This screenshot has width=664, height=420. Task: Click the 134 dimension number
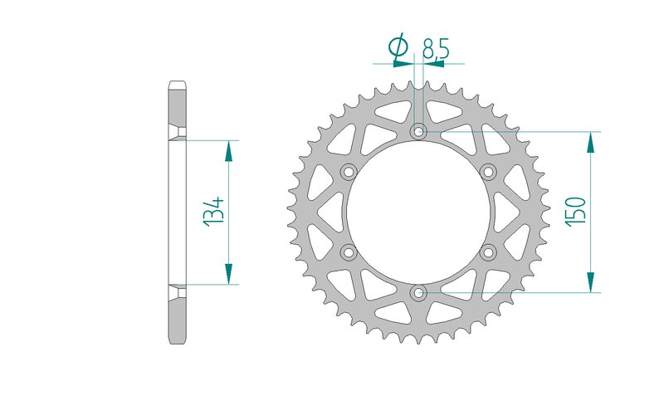(x=214, y=212)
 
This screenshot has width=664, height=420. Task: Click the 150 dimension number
(x=576, y=211)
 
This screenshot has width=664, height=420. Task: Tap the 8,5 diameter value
(x=436, y=48)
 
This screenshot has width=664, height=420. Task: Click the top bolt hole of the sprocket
(x=419, y=131)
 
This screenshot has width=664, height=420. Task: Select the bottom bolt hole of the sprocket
(x=419, y=291)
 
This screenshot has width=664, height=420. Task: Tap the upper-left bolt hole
(x=349, y=172)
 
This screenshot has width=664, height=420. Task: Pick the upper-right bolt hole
(x=488, y=172)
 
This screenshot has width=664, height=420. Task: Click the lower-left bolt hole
(x=349, y=252)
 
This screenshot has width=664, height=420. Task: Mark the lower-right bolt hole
(x=488, y=252)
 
